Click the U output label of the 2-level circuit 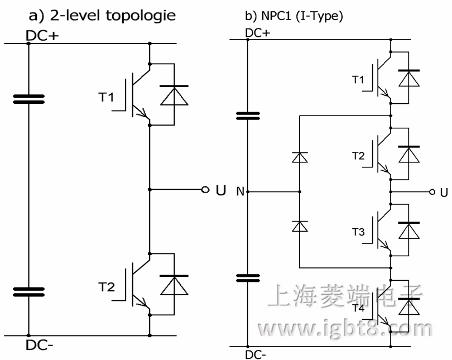(x=221, y=191)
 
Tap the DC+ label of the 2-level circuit (x=42, y=35)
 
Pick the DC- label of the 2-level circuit (x=40, y=344)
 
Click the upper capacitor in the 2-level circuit (x=28, y=99)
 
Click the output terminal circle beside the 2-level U (x=205, y=190)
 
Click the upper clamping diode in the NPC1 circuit (x=300, y=157)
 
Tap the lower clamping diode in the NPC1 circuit (x=300, y=226)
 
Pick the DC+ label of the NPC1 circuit (x=258, y=33)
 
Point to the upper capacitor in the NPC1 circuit (x=248, y=116)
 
